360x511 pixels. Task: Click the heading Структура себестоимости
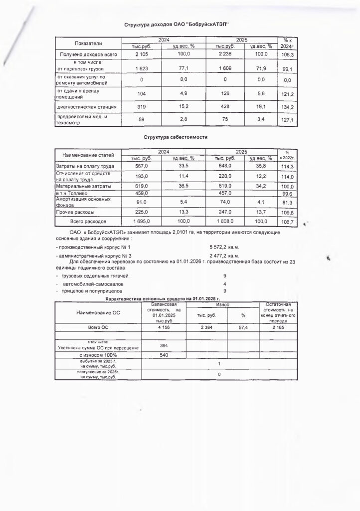tap(175, 136)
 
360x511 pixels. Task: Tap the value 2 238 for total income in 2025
tap(224, 54)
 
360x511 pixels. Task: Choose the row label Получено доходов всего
tap(88, 54)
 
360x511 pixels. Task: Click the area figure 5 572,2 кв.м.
tap(225, 247)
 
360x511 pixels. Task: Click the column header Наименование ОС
tap(99, 313)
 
